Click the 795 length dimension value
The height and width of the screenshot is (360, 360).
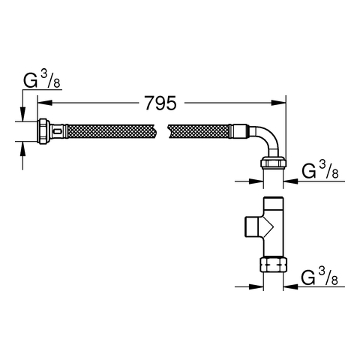click(x=160, y=103)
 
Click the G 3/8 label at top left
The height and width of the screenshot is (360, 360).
click(x=42, y=80)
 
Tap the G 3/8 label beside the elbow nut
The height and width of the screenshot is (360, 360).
click(x=320, y=170)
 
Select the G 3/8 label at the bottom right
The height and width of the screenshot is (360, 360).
click(x=319, y=277)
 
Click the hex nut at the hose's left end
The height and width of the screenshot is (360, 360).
click(x=43, y=131)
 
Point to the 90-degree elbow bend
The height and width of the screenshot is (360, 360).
click(x=265, y=140)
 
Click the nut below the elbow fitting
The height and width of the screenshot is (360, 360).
click(x=274, y=163)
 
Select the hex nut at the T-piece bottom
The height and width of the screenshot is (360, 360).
click(x=274, y=265)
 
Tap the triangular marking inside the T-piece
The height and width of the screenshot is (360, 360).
click(x=268, y=226)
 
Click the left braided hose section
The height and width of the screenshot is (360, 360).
click(x=112, y=131)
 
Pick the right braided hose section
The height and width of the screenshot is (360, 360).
click(x=199, y=131)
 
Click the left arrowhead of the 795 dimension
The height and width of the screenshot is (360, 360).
click(x=45, y=103)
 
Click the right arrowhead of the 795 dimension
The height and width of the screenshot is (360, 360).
click(x=278, y=103)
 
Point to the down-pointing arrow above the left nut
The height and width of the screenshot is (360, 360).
click(x=22, y=114)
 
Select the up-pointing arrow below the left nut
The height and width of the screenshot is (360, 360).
click(x=22, y=148)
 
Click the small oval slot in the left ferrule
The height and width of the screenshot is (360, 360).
click(x=58, y=131)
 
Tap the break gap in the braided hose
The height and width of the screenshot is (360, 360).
click(x=163, y=131)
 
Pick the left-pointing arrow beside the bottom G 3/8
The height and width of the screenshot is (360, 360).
click(x=290, y=286)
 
